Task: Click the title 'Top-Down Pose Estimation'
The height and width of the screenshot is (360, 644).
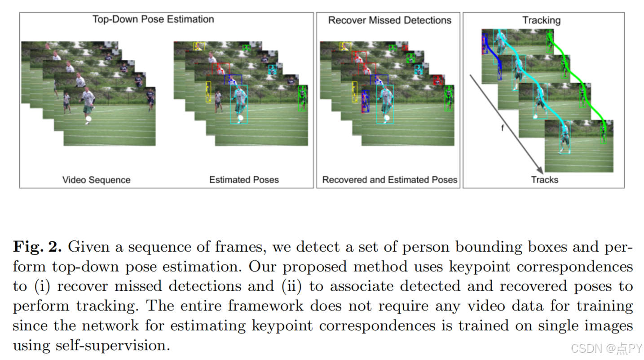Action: [x=153, y=19]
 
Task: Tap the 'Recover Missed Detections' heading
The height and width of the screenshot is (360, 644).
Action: [x=389, y=20]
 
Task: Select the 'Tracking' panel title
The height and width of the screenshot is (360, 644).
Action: [x=541, y=20]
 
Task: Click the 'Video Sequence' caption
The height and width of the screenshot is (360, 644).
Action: [x=96, y=180]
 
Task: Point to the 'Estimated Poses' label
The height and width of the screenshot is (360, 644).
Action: [x=244, y=180]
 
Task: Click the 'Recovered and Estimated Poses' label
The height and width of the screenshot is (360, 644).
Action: [x=389, y=180]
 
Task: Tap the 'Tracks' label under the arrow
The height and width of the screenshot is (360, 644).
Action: [x=544, y=180]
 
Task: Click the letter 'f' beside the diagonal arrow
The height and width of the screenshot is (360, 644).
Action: [x=503, y=128]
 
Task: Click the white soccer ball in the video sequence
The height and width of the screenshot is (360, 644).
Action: [x=88, y=119]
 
